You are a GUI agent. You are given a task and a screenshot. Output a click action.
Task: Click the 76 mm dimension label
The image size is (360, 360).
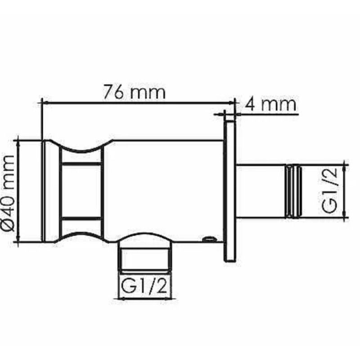coord(134,92)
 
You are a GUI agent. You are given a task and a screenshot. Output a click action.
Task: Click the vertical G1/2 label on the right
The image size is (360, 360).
coord(329,190)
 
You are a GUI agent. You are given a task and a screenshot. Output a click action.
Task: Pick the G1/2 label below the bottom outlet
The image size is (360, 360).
coord(144,285)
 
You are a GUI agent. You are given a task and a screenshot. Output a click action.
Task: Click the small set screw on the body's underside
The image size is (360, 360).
coord(209,239)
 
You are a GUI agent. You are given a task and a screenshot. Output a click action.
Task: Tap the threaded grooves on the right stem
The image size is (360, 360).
coord(293,191)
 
